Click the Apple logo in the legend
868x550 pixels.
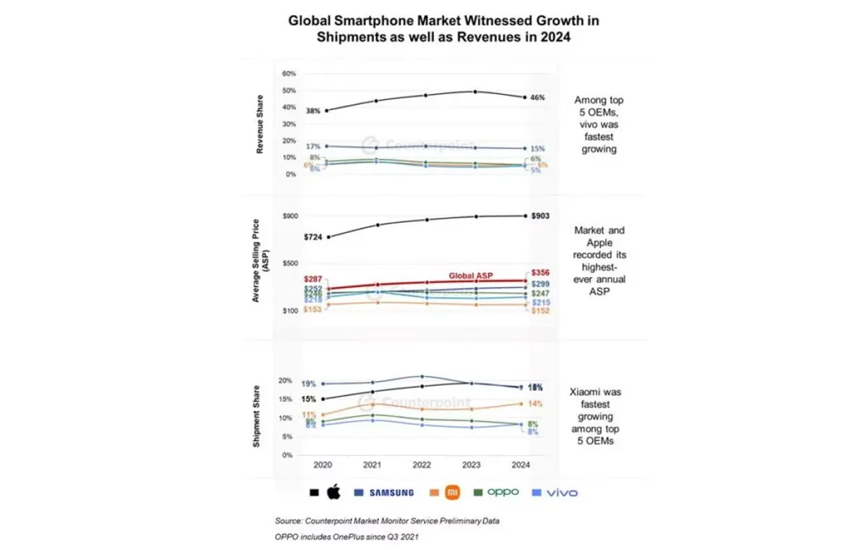[333, 493]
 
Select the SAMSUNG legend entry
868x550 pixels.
[391, 493]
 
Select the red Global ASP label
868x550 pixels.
[471, 276]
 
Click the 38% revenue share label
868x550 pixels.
[312, 111]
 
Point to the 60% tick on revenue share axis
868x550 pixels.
[289, 74]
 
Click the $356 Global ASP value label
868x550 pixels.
[540, 273]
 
